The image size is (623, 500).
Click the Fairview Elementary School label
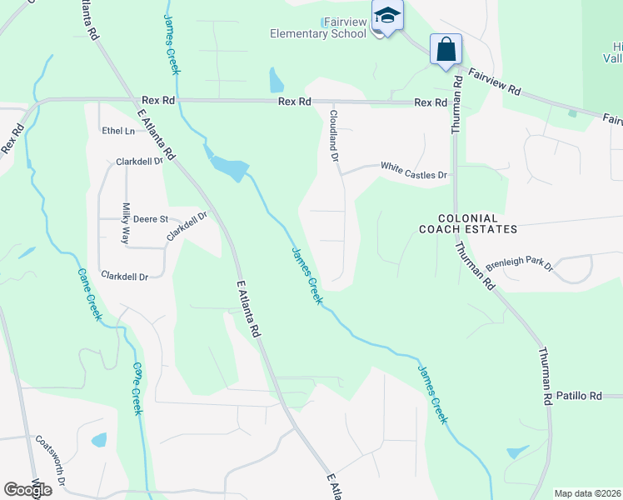click(318, 27)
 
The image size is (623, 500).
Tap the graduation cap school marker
click(387, 17)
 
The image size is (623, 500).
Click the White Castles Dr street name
click(414, 167)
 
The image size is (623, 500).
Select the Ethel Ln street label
click(117, 131)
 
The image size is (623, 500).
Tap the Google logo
click(27, 490)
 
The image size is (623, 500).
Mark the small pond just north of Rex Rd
click(276, 80)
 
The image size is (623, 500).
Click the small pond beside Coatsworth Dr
click(99, 439)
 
